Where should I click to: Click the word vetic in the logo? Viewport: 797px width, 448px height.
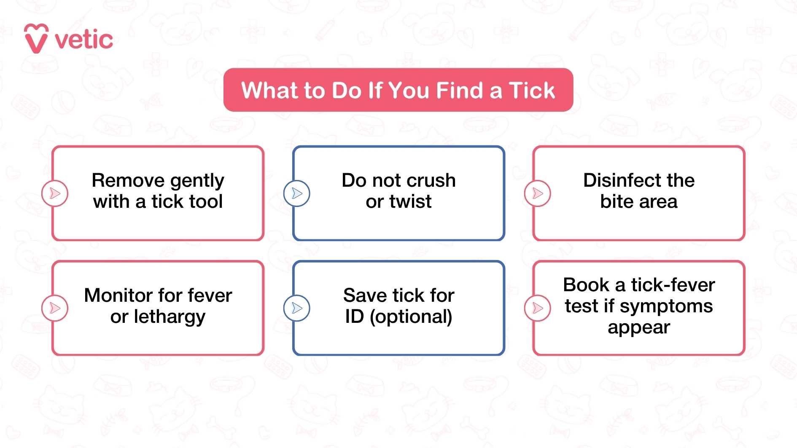point(84,40)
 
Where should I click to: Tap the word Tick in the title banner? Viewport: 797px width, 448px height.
point(532,90)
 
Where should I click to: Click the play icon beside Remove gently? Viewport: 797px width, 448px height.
point(55,193)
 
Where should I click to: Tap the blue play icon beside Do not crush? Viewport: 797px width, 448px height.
point(297,193)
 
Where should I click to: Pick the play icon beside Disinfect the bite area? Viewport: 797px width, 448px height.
point(537,193)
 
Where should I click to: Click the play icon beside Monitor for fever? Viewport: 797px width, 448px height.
point(55,308)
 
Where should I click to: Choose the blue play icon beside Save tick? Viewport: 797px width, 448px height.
point(297,308)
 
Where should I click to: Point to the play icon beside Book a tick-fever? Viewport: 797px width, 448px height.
point(537,308)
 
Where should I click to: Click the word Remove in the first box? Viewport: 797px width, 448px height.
point(128,180)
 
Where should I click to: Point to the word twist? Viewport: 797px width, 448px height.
point(410,201)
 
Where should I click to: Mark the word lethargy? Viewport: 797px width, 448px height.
point(170,317)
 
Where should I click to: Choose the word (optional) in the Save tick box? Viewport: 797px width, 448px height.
point(411,317)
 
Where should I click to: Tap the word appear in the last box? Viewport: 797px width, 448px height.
point(638,327)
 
